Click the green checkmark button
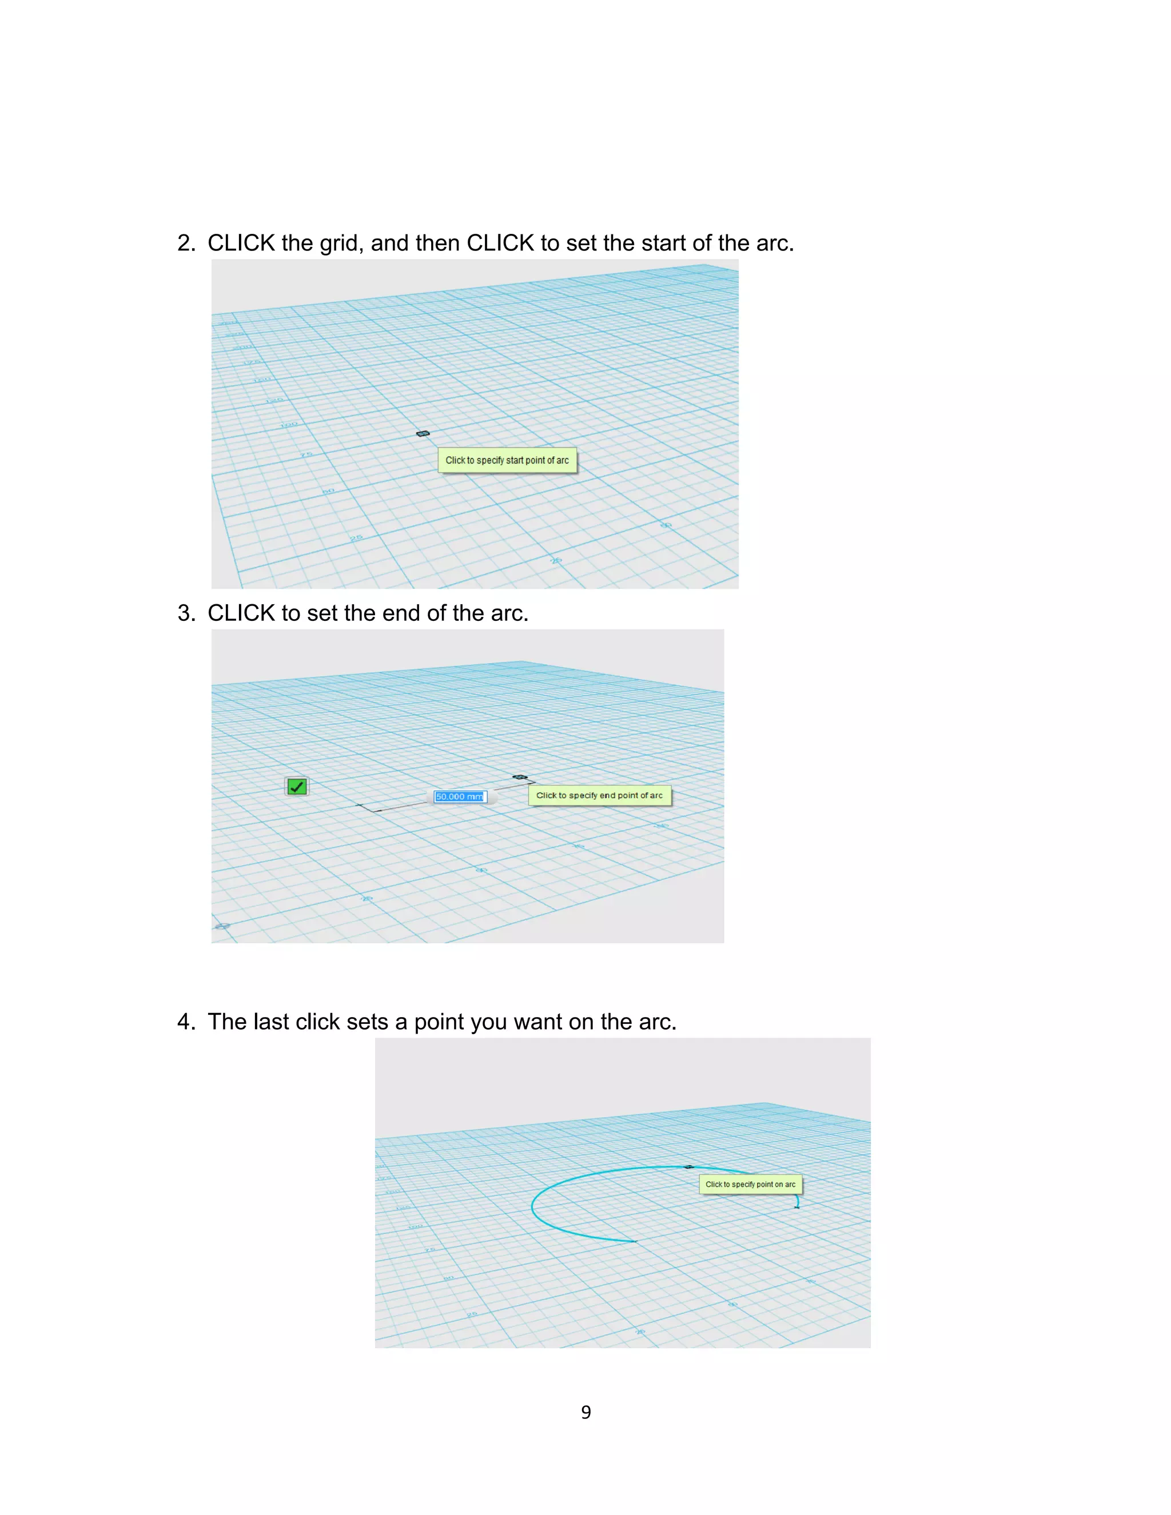[297, 787]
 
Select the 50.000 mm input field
[460, 796]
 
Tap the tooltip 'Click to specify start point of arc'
[507, 460]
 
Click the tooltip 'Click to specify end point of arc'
[599, 795]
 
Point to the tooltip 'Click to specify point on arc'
[750, 1184]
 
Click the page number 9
[585, 1412]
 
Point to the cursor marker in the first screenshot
[423, 433]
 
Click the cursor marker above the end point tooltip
[520, 777]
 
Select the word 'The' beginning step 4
[227, 1022]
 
